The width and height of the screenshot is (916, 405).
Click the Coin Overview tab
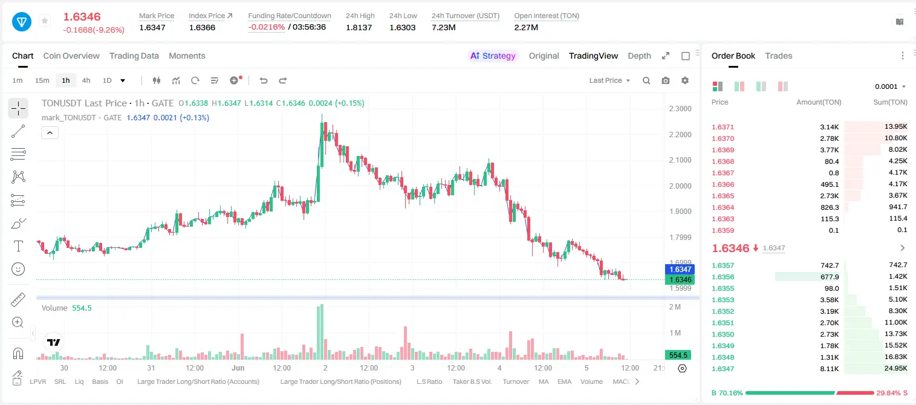[71, 56]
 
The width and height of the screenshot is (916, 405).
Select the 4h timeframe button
[86, 80]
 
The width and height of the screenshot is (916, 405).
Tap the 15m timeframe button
[42, 80]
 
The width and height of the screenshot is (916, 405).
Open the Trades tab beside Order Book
[779, 56]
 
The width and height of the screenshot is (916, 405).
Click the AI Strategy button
[493, 56]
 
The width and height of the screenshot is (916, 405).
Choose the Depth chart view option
[639, 56]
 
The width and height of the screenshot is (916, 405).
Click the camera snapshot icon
[666, 80]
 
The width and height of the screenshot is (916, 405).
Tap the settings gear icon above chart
[685, 80]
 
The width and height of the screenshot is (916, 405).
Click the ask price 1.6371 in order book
[723, 127]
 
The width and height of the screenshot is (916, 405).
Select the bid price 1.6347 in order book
[723, 369]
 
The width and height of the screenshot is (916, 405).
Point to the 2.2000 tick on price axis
[680, 134]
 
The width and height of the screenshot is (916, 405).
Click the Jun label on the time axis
[238, 368]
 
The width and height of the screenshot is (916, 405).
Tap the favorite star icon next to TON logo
[45, 21]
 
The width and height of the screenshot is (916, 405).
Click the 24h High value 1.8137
[359, 27]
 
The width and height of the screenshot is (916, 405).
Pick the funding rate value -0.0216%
[266, 27]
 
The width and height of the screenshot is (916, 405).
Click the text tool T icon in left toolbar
[18, 246]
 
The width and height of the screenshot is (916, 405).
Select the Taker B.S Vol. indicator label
[472, 381]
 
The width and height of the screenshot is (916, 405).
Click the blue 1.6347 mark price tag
[680, 270]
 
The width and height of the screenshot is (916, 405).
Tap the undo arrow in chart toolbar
[264, 80]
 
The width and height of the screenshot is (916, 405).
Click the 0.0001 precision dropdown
[890, 86]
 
